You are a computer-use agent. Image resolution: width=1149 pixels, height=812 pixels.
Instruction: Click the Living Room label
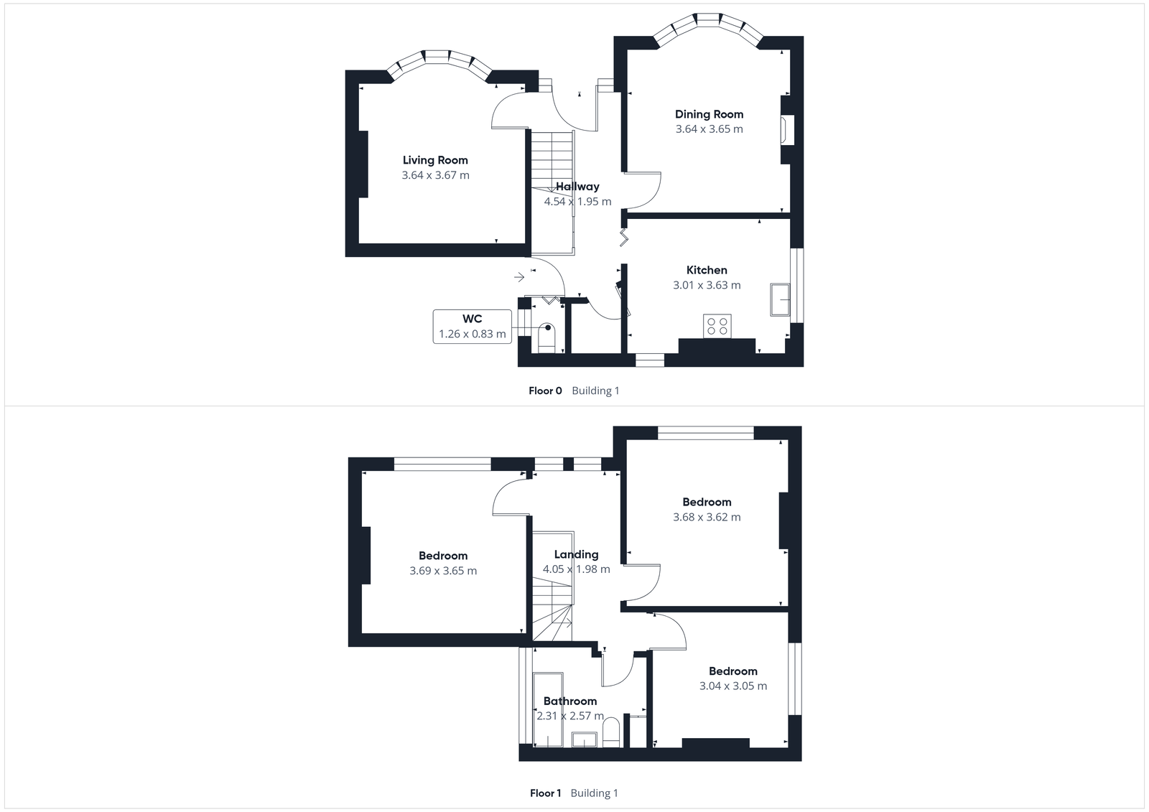point(435,160)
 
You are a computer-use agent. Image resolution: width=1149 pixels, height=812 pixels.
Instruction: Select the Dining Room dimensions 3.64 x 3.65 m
point(709,129)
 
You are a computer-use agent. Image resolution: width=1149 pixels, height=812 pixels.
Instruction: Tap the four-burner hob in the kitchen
point(717,326)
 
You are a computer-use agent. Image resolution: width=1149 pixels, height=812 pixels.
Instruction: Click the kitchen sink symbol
point(779,299)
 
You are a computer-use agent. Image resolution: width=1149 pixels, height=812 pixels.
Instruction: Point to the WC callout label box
point(472,326)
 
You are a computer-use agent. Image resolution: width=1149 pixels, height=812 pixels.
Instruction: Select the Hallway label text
point(577,187)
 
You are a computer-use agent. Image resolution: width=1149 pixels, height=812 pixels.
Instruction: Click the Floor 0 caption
point(545,391)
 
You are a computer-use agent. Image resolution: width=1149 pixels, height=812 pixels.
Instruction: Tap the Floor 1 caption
point(545,793)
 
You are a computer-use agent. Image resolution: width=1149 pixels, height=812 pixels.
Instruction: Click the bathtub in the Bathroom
point(548,709)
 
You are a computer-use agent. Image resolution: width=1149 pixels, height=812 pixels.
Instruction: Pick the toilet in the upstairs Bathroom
point(611,734)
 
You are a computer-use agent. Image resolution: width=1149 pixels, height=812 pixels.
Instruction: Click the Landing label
point(576,554)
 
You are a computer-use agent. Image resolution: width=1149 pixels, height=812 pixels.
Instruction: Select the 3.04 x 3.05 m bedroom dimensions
point(733,686)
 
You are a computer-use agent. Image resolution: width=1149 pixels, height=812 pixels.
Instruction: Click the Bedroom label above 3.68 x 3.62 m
point(707,502)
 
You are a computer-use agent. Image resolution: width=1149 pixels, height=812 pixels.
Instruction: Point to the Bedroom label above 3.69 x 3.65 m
point(443,556)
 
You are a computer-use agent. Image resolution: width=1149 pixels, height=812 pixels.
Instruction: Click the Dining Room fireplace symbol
point(788,130)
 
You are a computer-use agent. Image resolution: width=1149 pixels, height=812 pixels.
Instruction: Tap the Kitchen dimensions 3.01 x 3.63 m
point(707,285)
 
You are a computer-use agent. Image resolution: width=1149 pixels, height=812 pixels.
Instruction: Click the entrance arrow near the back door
point(519,276)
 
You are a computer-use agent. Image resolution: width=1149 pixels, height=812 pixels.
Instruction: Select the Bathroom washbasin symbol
point(585,739)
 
